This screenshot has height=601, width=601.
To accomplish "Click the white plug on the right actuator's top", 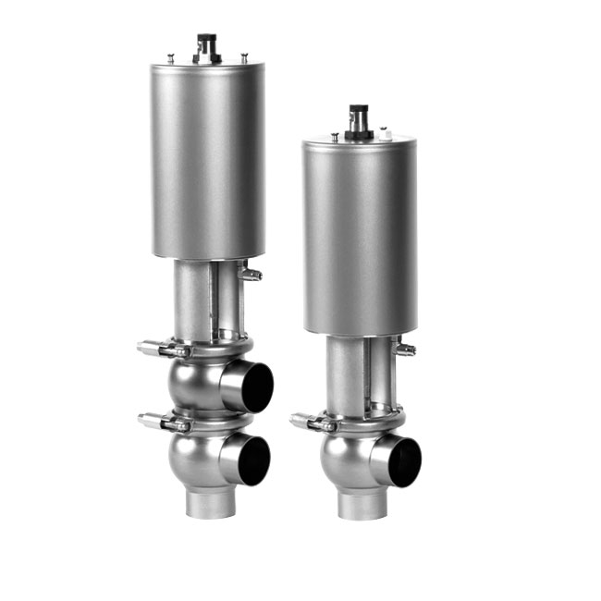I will click(x=390, y=135).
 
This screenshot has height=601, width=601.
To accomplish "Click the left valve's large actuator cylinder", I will click(x=208, y=162).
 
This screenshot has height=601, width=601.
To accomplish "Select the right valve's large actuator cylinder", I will click(x=359, y=236).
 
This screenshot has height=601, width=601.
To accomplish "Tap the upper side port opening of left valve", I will click(x=250, y=386).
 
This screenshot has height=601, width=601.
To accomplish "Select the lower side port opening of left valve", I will click(x=250, y=460).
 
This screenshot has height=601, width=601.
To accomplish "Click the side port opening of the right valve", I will click(x=402, y=460).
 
